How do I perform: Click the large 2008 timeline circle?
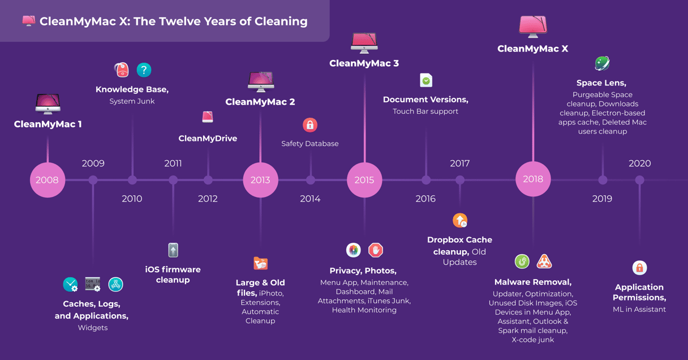[48, 179]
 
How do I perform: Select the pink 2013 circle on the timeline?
[260, 179]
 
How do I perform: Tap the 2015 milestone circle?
[364, 179]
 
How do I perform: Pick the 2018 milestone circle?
[533, 179]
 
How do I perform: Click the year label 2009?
[93, 163]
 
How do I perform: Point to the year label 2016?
[425, 199]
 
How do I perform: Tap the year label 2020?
[639, 163]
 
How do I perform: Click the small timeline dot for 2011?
[173, 180]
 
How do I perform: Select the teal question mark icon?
[144, 70]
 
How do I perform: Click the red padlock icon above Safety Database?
[310, 125]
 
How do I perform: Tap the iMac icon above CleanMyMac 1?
[48, 104]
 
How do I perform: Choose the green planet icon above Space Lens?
[602, 63]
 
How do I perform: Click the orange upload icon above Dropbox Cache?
[460, 220]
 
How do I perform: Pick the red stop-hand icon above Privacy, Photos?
[376, 250]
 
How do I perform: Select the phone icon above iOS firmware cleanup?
[173, 250]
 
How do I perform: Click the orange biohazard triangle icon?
[544, 262]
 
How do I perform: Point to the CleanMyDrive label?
[208, 139]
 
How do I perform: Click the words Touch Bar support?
[425, 111]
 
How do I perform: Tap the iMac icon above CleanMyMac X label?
[533, 27]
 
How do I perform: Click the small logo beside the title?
[28, 21]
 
